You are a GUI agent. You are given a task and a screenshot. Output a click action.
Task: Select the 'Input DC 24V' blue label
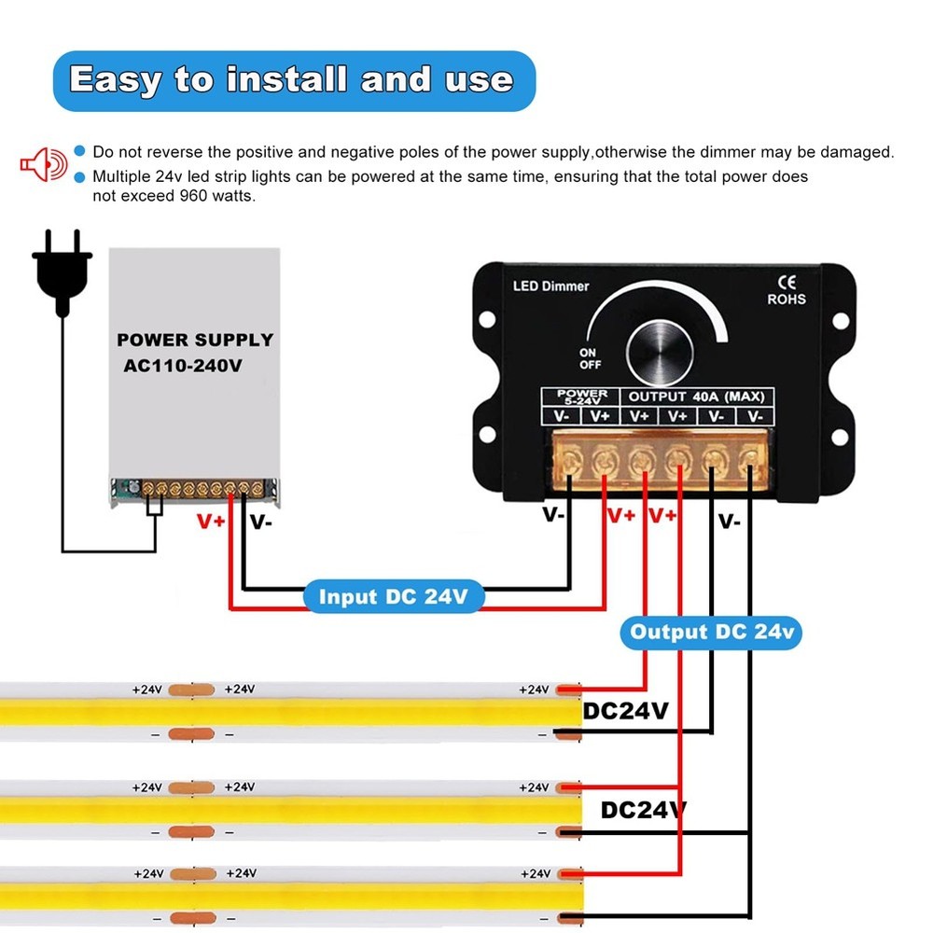393,597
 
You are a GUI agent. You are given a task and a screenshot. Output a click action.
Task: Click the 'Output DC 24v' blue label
711,633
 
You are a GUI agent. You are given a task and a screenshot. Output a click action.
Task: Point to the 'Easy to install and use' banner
292,80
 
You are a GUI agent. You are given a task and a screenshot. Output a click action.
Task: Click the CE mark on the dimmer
787,282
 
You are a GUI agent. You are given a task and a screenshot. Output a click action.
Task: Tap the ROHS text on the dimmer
787,299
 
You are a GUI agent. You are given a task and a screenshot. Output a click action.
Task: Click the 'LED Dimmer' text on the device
551,285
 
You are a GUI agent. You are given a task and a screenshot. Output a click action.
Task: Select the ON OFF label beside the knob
590,359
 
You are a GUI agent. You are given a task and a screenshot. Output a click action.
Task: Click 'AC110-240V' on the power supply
183,366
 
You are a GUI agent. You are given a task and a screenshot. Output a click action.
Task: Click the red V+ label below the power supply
211,522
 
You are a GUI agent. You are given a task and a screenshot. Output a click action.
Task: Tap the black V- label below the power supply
261,522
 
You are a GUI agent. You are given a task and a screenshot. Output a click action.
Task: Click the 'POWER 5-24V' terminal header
581,397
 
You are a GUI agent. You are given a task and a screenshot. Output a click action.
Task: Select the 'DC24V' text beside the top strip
626,711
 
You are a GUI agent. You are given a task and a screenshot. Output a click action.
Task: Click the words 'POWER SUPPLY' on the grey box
195,340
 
